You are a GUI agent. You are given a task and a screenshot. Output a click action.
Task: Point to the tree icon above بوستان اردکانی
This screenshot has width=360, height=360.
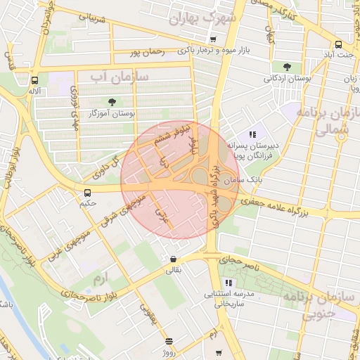(287, 67)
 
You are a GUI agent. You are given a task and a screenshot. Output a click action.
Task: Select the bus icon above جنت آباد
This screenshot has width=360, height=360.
(339, 44)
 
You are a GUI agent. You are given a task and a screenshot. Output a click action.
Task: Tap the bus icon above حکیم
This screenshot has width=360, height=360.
(87, 193)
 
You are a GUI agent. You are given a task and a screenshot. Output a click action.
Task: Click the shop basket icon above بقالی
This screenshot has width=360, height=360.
(173, 259)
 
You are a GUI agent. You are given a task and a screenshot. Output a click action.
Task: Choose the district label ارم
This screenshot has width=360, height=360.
(103, 280)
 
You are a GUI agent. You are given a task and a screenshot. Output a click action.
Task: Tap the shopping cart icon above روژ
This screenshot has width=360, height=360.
(169, 342)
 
